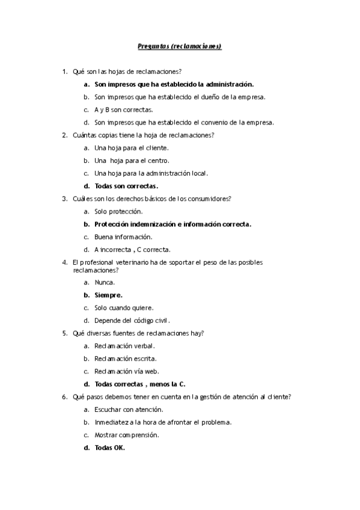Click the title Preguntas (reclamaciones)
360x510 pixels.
tap(180, 46)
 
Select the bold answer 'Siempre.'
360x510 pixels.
tap(108, 295)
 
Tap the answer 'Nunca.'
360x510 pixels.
tap(105, 282)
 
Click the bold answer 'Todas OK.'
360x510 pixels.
tap(109, 447)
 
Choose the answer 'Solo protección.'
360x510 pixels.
tap(118, 212)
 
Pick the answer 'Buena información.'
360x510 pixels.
tap(123, 237)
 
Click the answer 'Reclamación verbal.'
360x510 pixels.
tap(124, 346)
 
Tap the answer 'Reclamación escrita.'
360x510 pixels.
tap(125, 358)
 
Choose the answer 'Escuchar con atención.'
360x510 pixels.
tap(129, 410)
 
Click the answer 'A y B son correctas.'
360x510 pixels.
tap(123, 109)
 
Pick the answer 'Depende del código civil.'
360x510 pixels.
tap(136, 321)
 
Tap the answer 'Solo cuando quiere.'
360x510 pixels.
tap(123, 307)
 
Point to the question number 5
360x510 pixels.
tap(64, 333)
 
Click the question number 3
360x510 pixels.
tap(64, 198)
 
